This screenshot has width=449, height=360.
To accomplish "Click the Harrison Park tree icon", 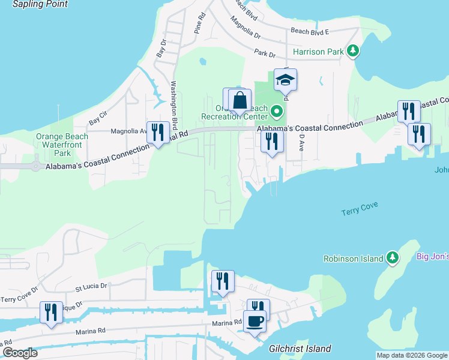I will [x=354, y=52].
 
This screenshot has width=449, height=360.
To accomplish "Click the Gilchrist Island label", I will [x=300, y=349].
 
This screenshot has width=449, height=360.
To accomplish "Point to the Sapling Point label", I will [x=40, y=4].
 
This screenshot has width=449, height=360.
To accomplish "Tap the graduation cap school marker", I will [x=286, y=80].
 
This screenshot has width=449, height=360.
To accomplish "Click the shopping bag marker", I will [x=240, y=101].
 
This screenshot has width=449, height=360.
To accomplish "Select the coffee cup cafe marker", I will [x=255, y=321].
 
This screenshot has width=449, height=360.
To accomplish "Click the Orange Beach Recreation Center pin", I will [x=276, y=111].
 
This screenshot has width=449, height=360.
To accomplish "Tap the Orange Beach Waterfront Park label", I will [x=62, y=145].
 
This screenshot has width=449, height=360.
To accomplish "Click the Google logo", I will [x=20, y=353].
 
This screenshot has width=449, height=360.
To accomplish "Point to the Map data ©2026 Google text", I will [x=411, y=355].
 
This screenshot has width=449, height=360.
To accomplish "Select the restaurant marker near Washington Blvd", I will [x=158, y=133].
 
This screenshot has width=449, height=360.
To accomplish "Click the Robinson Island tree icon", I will [x=393, y=258].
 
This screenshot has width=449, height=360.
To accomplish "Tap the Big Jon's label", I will [x=433, y=256].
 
